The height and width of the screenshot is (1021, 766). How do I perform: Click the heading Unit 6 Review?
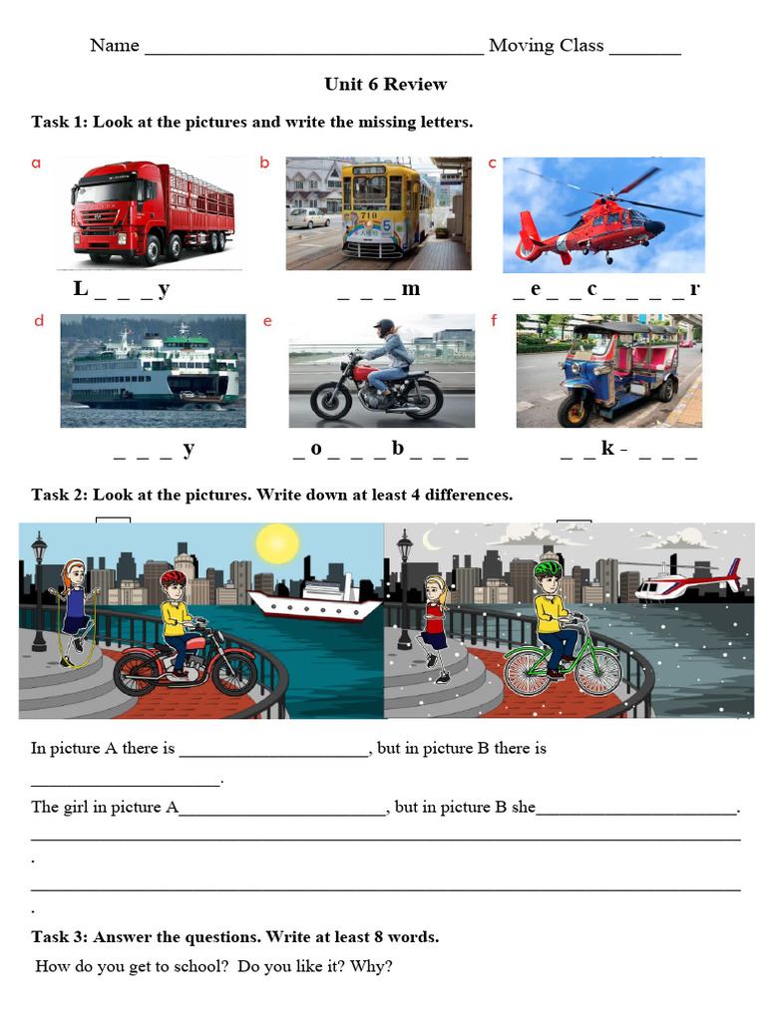click(385, 84)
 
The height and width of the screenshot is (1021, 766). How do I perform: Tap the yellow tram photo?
click(379, 212)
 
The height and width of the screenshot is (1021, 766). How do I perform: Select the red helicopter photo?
click(603, 214)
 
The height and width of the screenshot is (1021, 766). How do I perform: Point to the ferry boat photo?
click(152, 370)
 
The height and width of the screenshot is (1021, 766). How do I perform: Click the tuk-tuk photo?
click(608, 370)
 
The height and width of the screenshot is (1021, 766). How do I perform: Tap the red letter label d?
click(39, 321)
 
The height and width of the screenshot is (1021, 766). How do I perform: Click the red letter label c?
click(492, 164)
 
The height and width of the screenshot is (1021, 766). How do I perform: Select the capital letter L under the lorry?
click(81, 290)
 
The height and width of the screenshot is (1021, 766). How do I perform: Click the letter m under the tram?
click(410, 290)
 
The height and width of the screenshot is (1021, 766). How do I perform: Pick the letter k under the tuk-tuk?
click(607, 449)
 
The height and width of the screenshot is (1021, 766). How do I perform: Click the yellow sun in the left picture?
click(276, 543)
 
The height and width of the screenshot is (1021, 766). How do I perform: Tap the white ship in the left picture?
click(314, 601)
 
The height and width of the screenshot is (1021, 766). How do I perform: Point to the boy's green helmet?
click(545, 570)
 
